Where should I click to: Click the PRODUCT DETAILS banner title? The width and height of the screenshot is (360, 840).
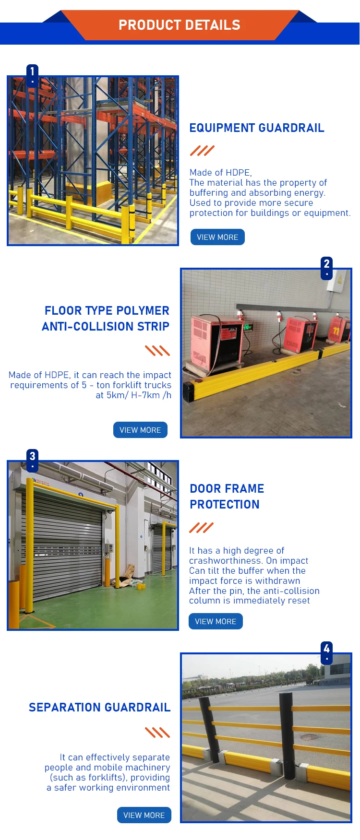[180, 25]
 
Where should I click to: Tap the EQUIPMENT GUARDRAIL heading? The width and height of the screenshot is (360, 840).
[257, 128]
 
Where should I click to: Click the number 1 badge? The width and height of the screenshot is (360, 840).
[32, 74]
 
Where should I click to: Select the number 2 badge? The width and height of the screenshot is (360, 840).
[326, 267]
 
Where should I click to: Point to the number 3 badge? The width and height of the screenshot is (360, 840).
[32, 459]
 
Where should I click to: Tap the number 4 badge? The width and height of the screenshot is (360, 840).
[326, 651]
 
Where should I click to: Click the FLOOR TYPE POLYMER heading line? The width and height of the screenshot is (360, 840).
[107, 311]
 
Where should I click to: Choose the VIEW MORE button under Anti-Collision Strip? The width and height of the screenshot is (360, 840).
[140, 430]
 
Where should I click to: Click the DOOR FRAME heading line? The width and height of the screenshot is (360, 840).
[227, 489]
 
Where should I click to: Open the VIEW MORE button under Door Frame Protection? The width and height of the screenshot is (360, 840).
[216, 621]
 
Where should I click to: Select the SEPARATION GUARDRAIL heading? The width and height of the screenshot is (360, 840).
[100, 708]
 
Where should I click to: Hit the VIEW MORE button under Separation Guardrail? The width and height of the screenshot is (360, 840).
[144, 815]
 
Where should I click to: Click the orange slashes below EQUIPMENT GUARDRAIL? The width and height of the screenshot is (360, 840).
[202, 151]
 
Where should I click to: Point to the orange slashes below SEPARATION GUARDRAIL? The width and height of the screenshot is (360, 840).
[157, 733]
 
